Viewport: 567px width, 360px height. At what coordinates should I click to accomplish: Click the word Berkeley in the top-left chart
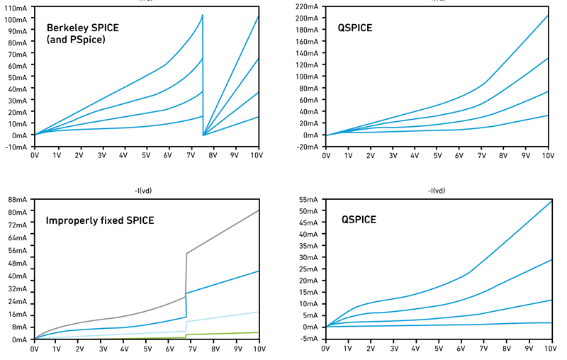65,28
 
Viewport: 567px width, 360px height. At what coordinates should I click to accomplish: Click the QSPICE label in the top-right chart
355,28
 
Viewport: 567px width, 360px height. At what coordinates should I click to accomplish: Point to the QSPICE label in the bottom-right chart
359,220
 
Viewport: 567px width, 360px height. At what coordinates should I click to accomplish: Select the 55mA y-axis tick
308,199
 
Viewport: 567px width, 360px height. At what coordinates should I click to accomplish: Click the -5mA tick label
309,339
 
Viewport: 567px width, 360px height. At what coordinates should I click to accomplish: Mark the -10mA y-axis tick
16,147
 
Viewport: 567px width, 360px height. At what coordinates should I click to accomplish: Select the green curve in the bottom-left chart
227,333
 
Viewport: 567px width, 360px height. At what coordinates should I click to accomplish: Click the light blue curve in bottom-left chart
227,317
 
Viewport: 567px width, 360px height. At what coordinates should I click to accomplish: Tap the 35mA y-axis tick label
308,257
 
